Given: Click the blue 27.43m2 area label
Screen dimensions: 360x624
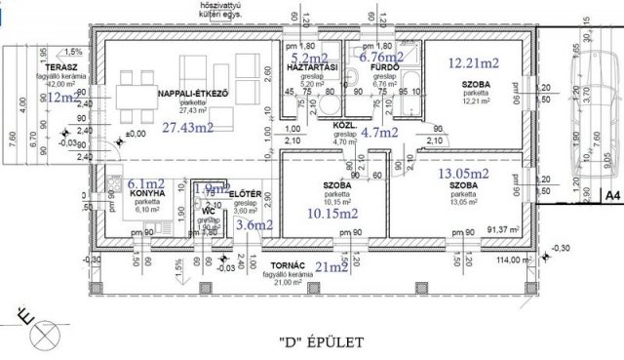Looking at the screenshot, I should coord(189,128).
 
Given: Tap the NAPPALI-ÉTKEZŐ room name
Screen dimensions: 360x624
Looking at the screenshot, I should coord(192,93).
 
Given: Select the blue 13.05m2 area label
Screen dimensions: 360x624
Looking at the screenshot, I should coord(464,174).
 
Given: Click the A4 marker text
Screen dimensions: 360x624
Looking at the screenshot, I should coord(610,197).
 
